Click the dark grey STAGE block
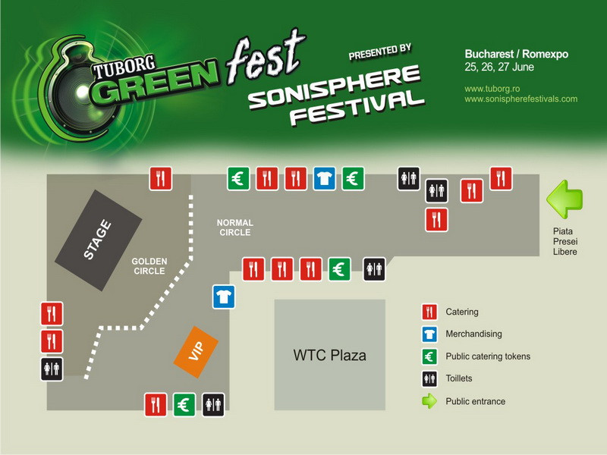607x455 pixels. [x=99, y=240]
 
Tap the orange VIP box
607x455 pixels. [x=196, y=352]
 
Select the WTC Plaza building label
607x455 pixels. [x=329, y=355]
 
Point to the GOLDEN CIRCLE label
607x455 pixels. [x=149, y=266]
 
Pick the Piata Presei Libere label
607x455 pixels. [x=566, y=241]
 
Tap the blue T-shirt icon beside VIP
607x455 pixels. [x=223, y=297]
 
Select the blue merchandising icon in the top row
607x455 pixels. [x=325, y=178]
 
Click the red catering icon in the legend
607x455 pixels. [x=429, y=312]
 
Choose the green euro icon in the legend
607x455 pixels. [x=429, y=356]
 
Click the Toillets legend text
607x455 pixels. [x=462, y=378]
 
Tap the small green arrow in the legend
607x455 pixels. [x=429, y=401]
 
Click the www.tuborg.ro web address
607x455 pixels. [x=491, y=89]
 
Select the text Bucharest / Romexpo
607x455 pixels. [x=516, y=55]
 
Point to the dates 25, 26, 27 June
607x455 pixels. [x=499, y=67]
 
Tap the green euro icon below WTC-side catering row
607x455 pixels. [x=339, y=268]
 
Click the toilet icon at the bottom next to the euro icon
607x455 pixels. [x=213, y=404]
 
